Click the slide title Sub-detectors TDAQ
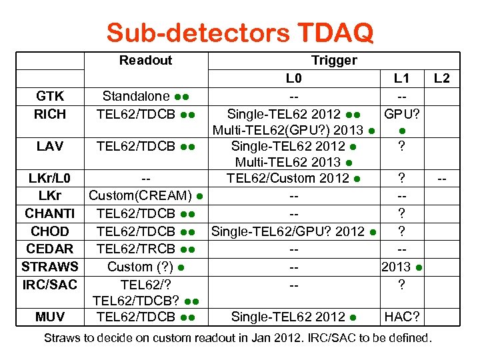coord(240,32)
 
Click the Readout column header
coord(145,61)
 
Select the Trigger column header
coord(334,61)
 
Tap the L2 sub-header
coord(441,79)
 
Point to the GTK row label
coord(50,97)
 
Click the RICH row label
coord(50,114)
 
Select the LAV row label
coord(50,146)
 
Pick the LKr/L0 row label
coord(50,179)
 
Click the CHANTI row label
coord(50,213)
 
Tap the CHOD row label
coord(50,231)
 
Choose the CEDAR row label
coord(50,249)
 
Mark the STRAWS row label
coord(50,267)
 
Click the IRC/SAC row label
coord(50,285)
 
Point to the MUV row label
coord(50,317)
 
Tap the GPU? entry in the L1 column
coord(401,114)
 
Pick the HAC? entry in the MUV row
coord(401,317)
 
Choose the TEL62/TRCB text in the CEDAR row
coord(136,249)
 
